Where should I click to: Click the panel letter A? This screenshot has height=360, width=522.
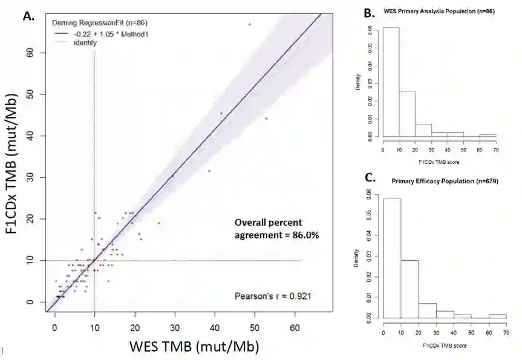click(x=28, y=16)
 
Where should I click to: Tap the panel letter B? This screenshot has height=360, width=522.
click(x=366, y=13)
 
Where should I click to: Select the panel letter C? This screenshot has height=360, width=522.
click(x=366, y=179)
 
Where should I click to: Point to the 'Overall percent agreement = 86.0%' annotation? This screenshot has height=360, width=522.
click(x=276, y=227)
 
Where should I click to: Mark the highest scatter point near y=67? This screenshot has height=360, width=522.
click(x=249, y=24)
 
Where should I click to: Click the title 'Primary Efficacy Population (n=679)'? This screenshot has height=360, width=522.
click(x=444, y=182)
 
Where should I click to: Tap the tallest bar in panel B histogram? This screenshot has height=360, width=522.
click(x=391, y=82)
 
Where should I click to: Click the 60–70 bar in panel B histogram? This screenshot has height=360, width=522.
click(x=488, y=136)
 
